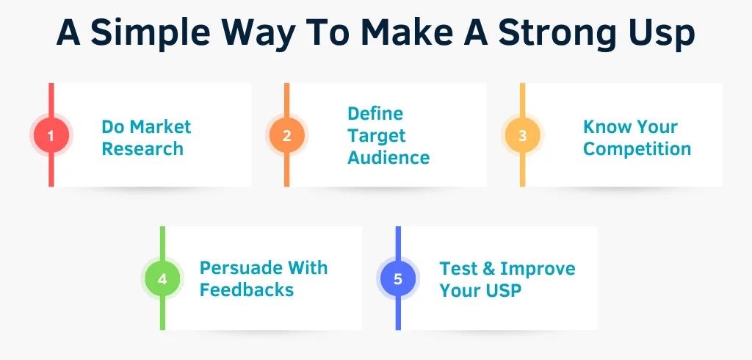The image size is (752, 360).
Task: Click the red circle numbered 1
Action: tap(51, 135)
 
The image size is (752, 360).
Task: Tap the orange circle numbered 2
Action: tap(286, 135)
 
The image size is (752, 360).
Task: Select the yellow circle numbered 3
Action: tap(522, 135)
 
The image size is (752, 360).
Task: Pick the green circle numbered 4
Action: tap(162, 279)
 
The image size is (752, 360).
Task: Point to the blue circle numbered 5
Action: tap(398, 279)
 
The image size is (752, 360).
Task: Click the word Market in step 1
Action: tap(159, 126)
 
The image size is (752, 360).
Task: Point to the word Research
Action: tap(142, 148)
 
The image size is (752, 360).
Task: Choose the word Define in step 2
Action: tap(375, 114)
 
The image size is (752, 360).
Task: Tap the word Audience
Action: tap(388, 157)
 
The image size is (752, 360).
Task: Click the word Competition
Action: tap(637, 148)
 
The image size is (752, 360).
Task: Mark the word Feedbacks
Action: tap(246, 289)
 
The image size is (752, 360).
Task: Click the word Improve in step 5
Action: tap(538, 268)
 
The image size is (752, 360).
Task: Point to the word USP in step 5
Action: tap(502, 290)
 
